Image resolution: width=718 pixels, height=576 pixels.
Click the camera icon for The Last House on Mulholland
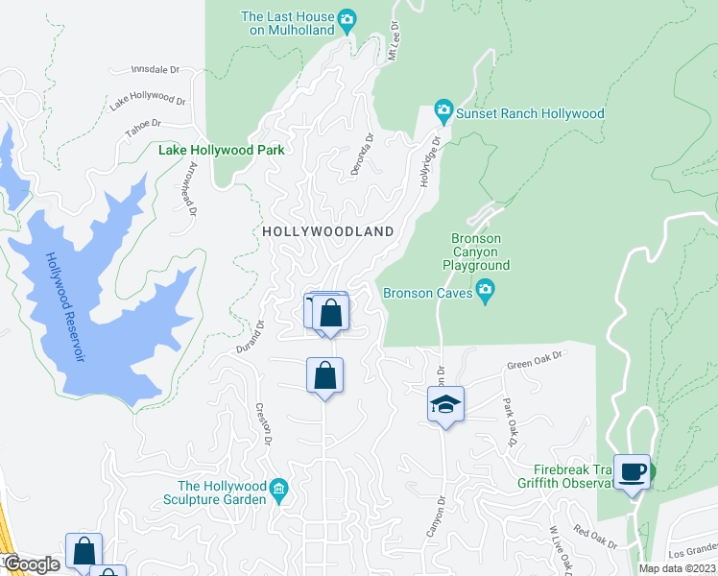347,17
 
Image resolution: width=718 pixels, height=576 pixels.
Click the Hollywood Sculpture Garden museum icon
278,489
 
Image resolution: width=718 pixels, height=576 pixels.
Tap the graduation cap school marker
445,404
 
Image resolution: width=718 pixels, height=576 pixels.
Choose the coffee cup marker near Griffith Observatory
632,471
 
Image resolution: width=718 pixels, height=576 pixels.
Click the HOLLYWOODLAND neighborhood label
328,231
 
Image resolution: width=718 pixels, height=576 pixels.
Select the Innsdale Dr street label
156,70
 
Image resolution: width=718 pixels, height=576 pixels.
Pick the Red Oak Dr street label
595,536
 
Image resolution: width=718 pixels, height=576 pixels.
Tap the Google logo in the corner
32,564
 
